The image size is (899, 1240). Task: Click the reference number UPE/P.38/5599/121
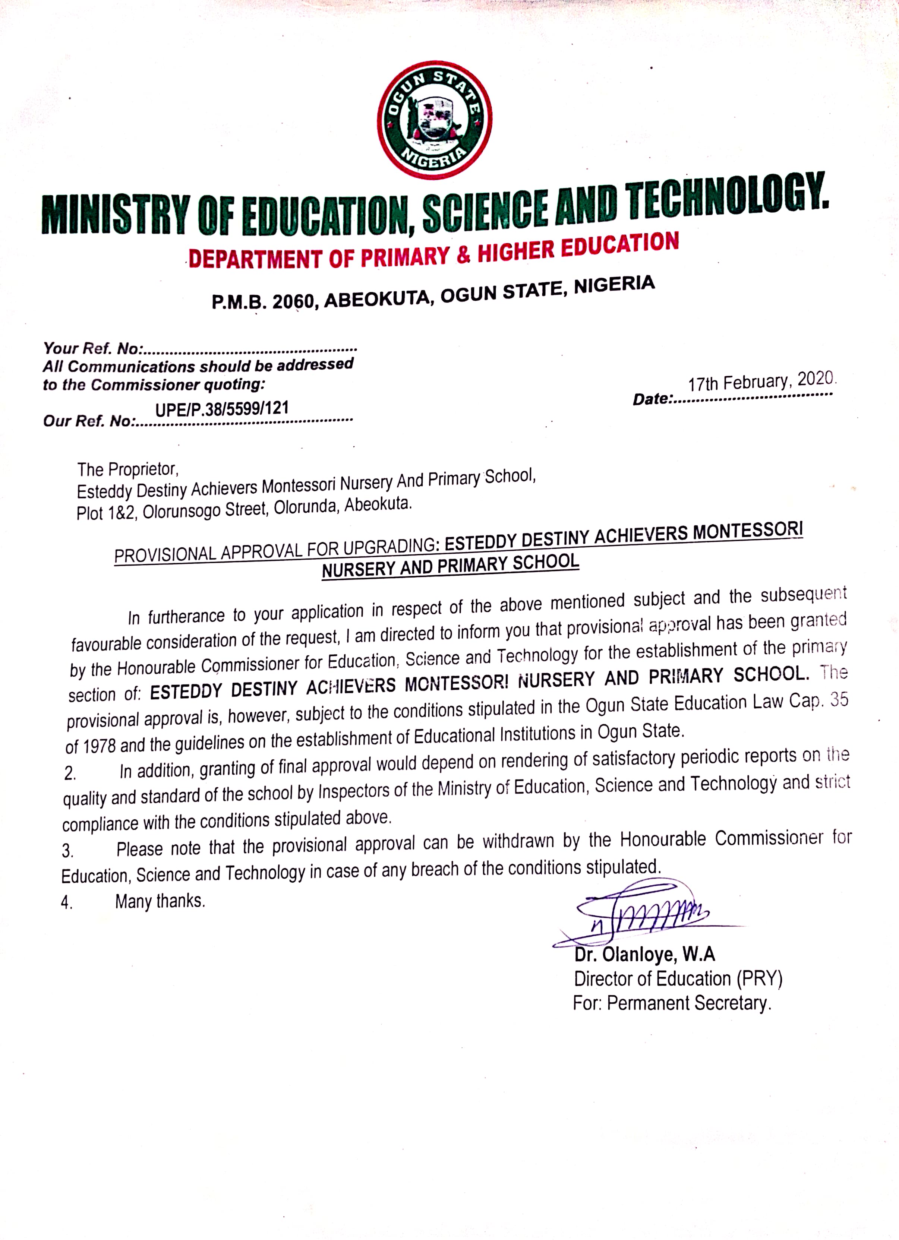pos(222,408)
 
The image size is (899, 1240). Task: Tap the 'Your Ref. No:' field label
pos(93,348)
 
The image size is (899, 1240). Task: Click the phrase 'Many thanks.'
pos(160,901)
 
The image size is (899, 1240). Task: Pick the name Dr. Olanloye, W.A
pos(644,955)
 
